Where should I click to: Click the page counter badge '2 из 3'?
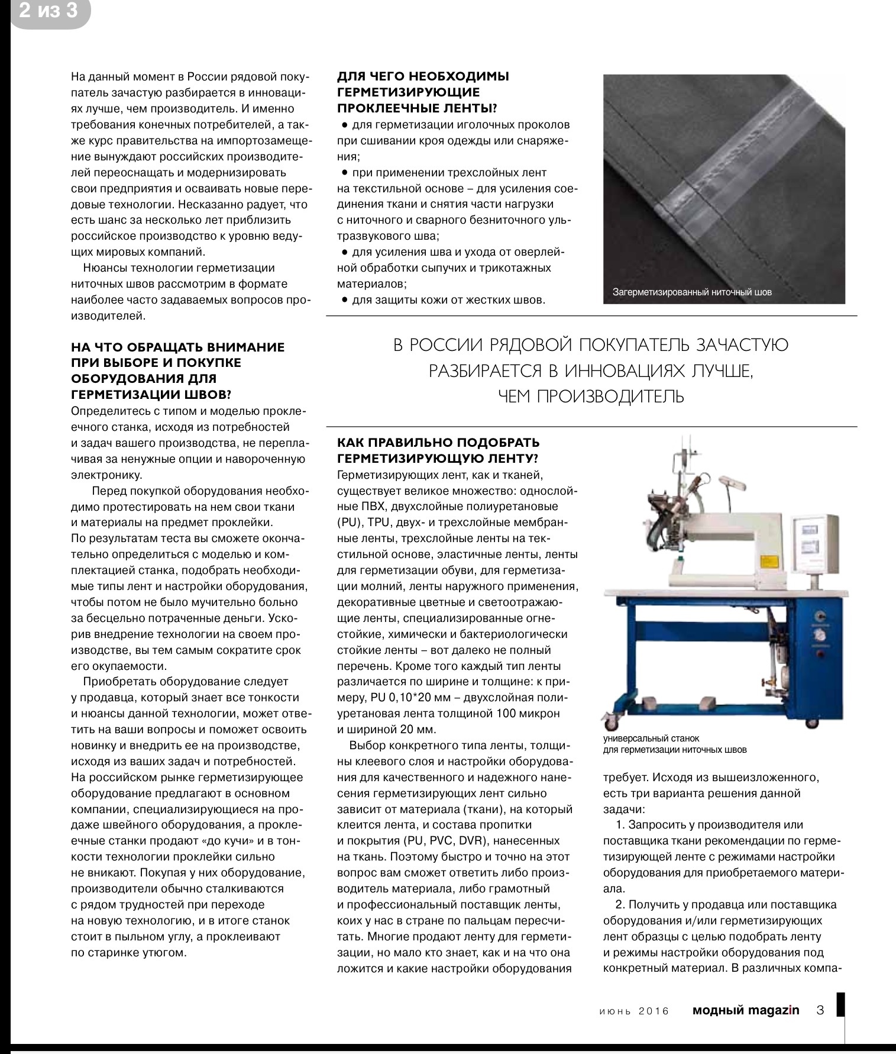pos(48,11)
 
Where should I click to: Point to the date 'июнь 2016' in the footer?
pos(632,1011)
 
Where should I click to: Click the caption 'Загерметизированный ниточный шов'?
pos(692,292)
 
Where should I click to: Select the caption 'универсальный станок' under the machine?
pos(651,739)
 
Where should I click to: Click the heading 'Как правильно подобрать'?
pos(438,443)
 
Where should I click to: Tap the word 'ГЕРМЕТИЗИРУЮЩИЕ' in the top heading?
pos(408,92)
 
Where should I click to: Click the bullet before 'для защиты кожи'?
pos(344,300)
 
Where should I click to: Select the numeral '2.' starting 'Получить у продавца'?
pos(620,904)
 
